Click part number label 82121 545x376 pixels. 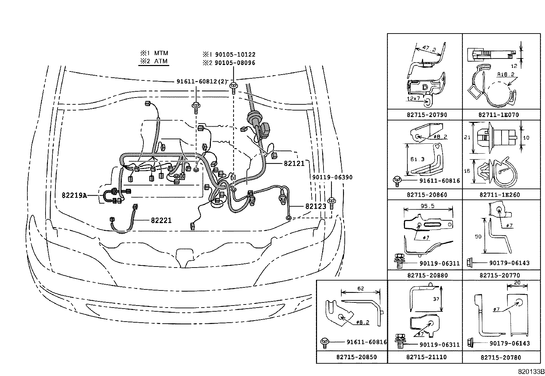click(294, 164)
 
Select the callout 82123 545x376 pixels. click(316, 206)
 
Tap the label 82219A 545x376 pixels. click(74, 196)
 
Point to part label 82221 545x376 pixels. click(161, 221)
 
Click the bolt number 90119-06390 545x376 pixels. click(332, 177)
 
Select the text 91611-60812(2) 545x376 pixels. click(202, 81)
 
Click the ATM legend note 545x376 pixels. click(154, 61)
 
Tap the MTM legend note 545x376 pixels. click(154, 53)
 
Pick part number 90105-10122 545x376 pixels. click(229, 55)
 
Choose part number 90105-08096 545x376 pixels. click(229, 63)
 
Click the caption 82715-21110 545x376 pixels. click(427, 357)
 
